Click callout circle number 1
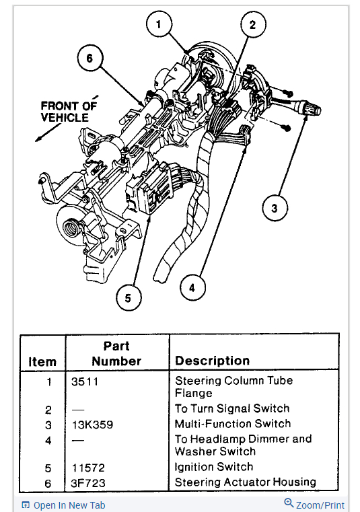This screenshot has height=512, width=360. (x=159, y=24)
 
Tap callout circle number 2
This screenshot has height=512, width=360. (x=253, y=24)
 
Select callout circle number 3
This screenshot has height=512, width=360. (x=275, y=208)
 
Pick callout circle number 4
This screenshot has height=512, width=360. (x=192, y=288)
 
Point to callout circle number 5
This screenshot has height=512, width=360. (x=129, y=298)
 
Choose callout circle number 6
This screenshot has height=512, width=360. (x=90, y=58)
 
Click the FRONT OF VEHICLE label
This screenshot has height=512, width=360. (x=69, y=112)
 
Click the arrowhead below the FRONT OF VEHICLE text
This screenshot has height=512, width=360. (x=38, y=139)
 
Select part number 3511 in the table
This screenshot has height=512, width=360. (x=85, y=381)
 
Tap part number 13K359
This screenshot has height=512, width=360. (x=92, y=425)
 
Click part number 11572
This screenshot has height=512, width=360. (x=88, y=468)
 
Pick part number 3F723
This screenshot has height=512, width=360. (x=88, y=483)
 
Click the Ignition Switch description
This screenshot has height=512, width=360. (x=214, y=468)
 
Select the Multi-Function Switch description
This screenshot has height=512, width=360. (x=233, y=424)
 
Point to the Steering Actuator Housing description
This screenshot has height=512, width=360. (x=246, y=482)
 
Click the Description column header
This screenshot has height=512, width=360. (x=213, y=361)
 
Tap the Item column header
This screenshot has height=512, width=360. (x=42, y=362)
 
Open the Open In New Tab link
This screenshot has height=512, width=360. (x=63, y=505)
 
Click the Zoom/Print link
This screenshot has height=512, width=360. (x=314, y=505)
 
